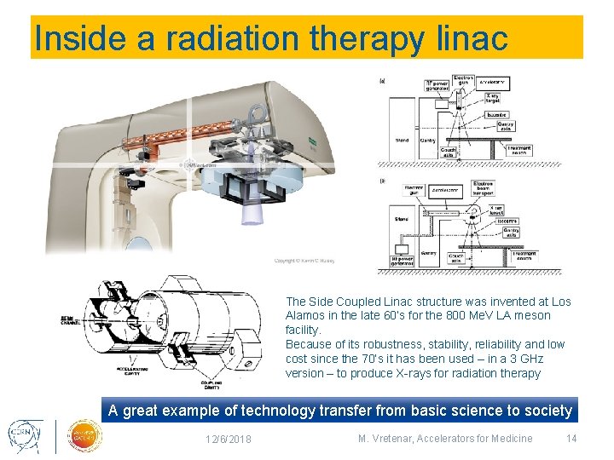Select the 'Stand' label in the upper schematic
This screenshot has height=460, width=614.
pyautogui.click(x=402, y=140)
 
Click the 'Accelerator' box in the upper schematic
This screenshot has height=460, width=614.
pyautogui.click(x=493, y=83)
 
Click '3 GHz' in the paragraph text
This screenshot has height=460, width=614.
pyautogui.click(x=524, y=359)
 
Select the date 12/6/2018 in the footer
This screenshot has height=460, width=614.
pyautogui.click(x=228, y=440)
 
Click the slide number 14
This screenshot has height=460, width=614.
pyautogui.click(x=571, y=439)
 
